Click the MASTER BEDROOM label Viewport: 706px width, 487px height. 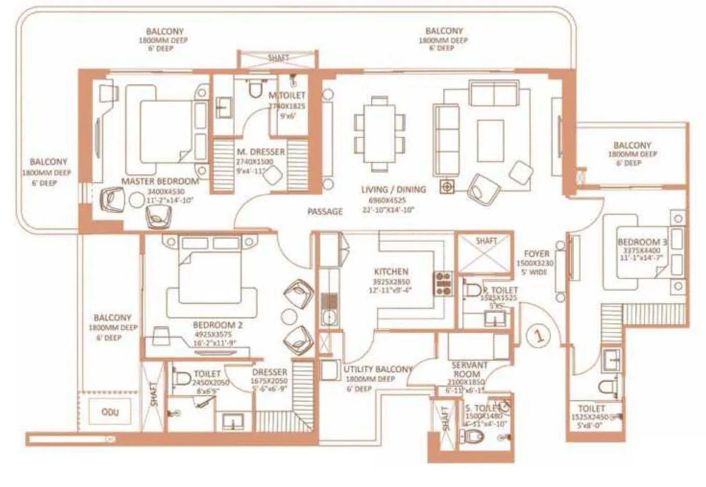point(160,181)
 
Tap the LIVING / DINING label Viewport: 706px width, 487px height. point(393,189)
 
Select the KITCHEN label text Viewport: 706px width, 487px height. point(391,271)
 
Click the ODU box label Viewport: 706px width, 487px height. point(110,412)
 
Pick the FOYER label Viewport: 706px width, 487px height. point(536,254)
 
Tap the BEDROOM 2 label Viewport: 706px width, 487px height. point(218,325)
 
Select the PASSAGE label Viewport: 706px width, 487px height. point(325,211)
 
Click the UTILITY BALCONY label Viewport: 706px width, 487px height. point(378,369)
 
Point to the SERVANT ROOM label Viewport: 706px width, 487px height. point(469,369)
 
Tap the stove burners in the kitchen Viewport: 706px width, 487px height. point(443,283)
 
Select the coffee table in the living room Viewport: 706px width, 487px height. point(490,140)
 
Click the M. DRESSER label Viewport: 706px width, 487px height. point(261,152)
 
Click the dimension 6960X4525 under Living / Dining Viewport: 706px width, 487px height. point(387,200)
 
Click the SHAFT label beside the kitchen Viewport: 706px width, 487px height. point(486,241)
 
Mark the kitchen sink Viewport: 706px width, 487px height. point(329,317)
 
